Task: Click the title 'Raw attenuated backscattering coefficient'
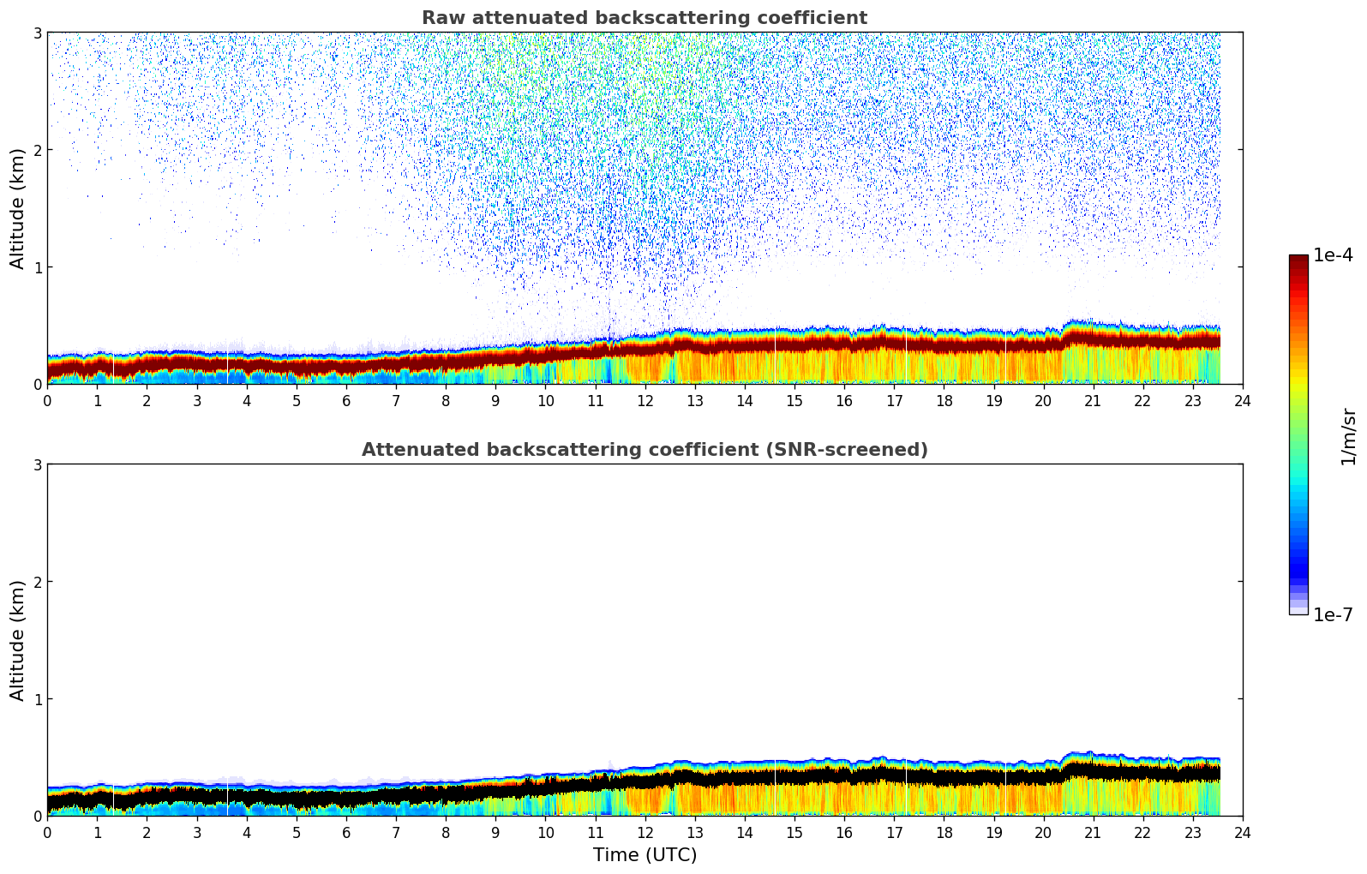click(x=644, y=18)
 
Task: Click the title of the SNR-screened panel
click(x=644, y=450)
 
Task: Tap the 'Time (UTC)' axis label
click(x=645, y=854)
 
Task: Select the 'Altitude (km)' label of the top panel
click(x=18, y=208)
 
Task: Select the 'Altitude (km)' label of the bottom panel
click(x=18, y=640)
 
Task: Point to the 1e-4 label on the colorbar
click(x=1333, y=255)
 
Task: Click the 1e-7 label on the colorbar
click(x=1333, y=614)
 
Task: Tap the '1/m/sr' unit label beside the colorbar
click(x=1348, y=436)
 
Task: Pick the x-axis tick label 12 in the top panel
click(x=645, y=400)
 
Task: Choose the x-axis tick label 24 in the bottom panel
click(x=1243, y=832)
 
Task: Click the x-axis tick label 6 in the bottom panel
click(x=346, y=832)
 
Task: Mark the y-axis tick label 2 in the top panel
click(x=38, y=150)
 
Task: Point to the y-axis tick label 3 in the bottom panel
click(x=38, y=464)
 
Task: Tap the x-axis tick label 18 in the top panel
click(x=944, y=400)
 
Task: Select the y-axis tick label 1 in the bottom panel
click(x=38, y=699)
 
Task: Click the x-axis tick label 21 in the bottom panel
click(x=1093, y=832)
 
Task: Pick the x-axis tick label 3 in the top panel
click(x=197, y=400)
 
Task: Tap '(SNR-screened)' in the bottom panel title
click(x=845, y=450)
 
